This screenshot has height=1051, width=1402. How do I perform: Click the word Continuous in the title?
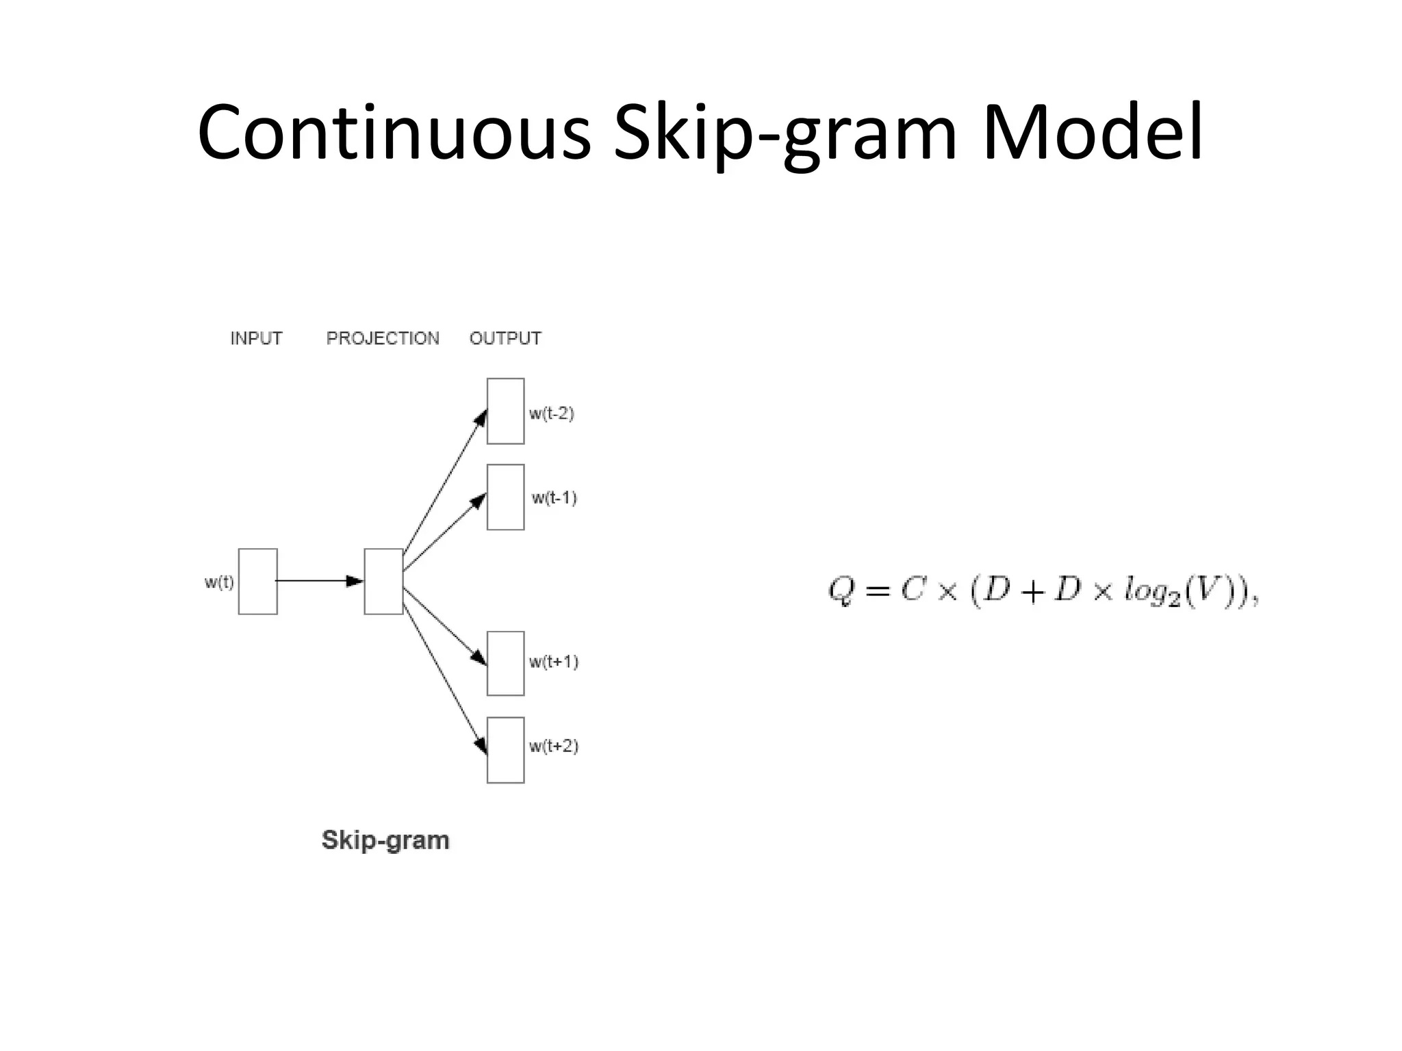pyautogui.click(x=394, y=133)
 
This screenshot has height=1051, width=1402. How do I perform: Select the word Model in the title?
pyautogui.click(x=1093, y=133)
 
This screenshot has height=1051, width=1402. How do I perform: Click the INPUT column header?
pyautogui.click(x=256, y=338)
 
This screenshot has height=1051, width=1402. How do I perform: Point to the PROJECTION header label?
pyautogui.click(x=383, y=338)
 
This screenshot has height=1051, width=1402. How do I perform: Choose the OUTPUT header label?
pyautogui.click(x=505, y=338)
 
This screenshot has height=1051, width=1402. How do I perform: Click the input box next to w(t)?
pyautogui.click(x=257, y=581)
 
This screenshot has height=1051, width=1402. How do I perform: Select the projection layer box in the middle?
pyautogui.click(x=383, y=581)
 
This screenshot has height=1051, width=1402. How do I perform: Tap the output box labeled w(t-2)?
pyautogui.click(x=505, y=411)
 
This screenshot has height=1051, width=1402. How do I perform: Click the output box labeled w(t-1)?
pyautogui.click(x=505, y=497)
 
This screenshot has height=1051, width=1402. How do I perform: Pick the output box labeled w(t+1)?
pyautogui.click(x=505, y=663)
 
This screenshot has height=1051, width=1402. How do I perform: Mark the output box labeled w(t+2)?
pyautogui.click(x=505, y=749)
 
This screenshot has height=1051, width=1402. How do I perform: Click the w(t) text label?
pyautogui.click(x=219, y=582)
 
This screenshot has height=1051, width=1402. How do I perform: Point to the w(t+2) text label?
pyautogui.click(x=553, y=746)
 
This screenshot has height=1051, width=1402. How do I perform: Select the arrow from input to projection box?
pyautogui.click(x=318, y=581)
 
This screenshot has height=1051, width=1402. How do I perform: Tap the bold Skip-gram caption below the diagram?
pyautogui.click(x=385, y=840)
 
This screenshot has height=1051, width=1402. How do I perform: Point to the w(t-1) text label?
pyautogui.click(x=554, y=497)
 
